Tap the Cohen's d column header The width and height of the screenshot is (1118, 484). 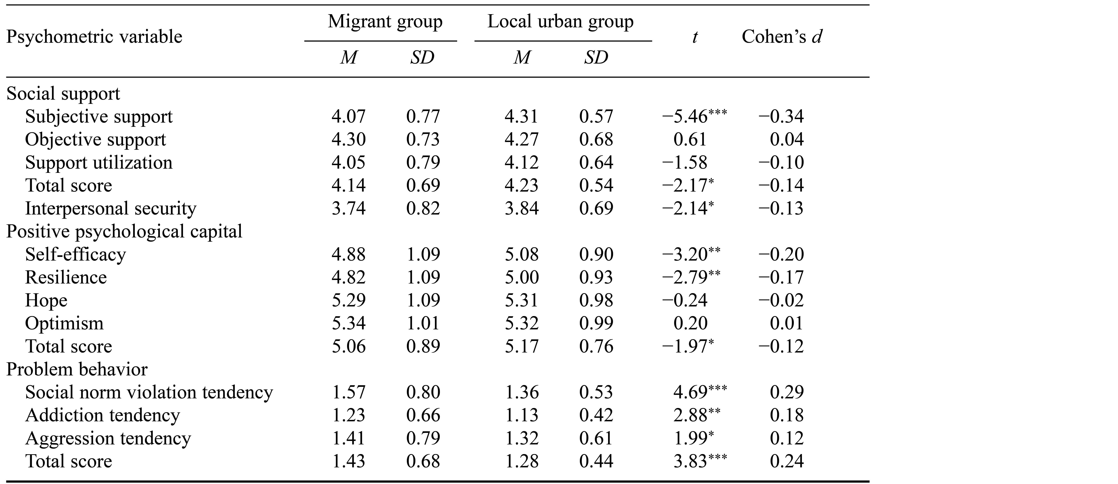(782, 37)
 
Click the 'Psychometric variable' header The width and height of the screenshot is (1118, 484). (94, 37)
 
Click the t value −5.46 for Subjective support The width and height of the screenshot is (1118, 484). (694, 116)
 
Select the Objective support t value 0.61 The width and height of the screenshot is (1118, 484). (690, 139)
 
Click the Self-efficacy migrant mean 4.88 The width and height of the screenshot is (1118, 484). (348, 254)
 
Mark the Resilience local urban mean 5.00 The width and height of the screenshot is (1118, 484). (522, 277)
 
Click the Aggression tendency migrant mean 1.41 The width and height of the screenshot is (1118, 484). (348, 438)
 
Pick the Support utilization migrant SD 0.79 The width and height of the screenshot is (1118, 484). (423, 162)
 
